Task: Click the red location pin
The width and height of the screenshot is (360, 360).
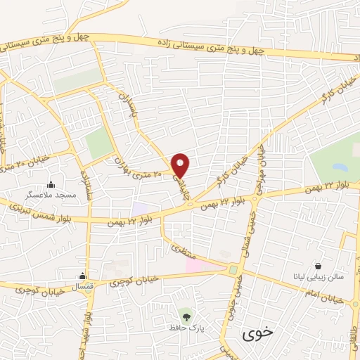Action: [181, 165]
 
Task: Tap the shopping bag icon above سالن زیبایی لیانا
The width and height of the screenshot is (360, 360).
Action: [319, 266]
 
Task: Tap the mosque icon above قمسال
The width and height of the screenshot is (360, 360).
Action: [83, 276]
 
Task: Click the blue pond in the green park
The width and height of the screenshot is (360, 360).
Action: [341, 168]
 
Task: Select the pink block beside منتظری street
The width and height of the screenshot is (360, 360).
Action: [195, 265]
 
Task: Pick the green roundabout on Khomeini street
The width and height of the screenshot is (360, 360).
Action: [233, 269]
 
